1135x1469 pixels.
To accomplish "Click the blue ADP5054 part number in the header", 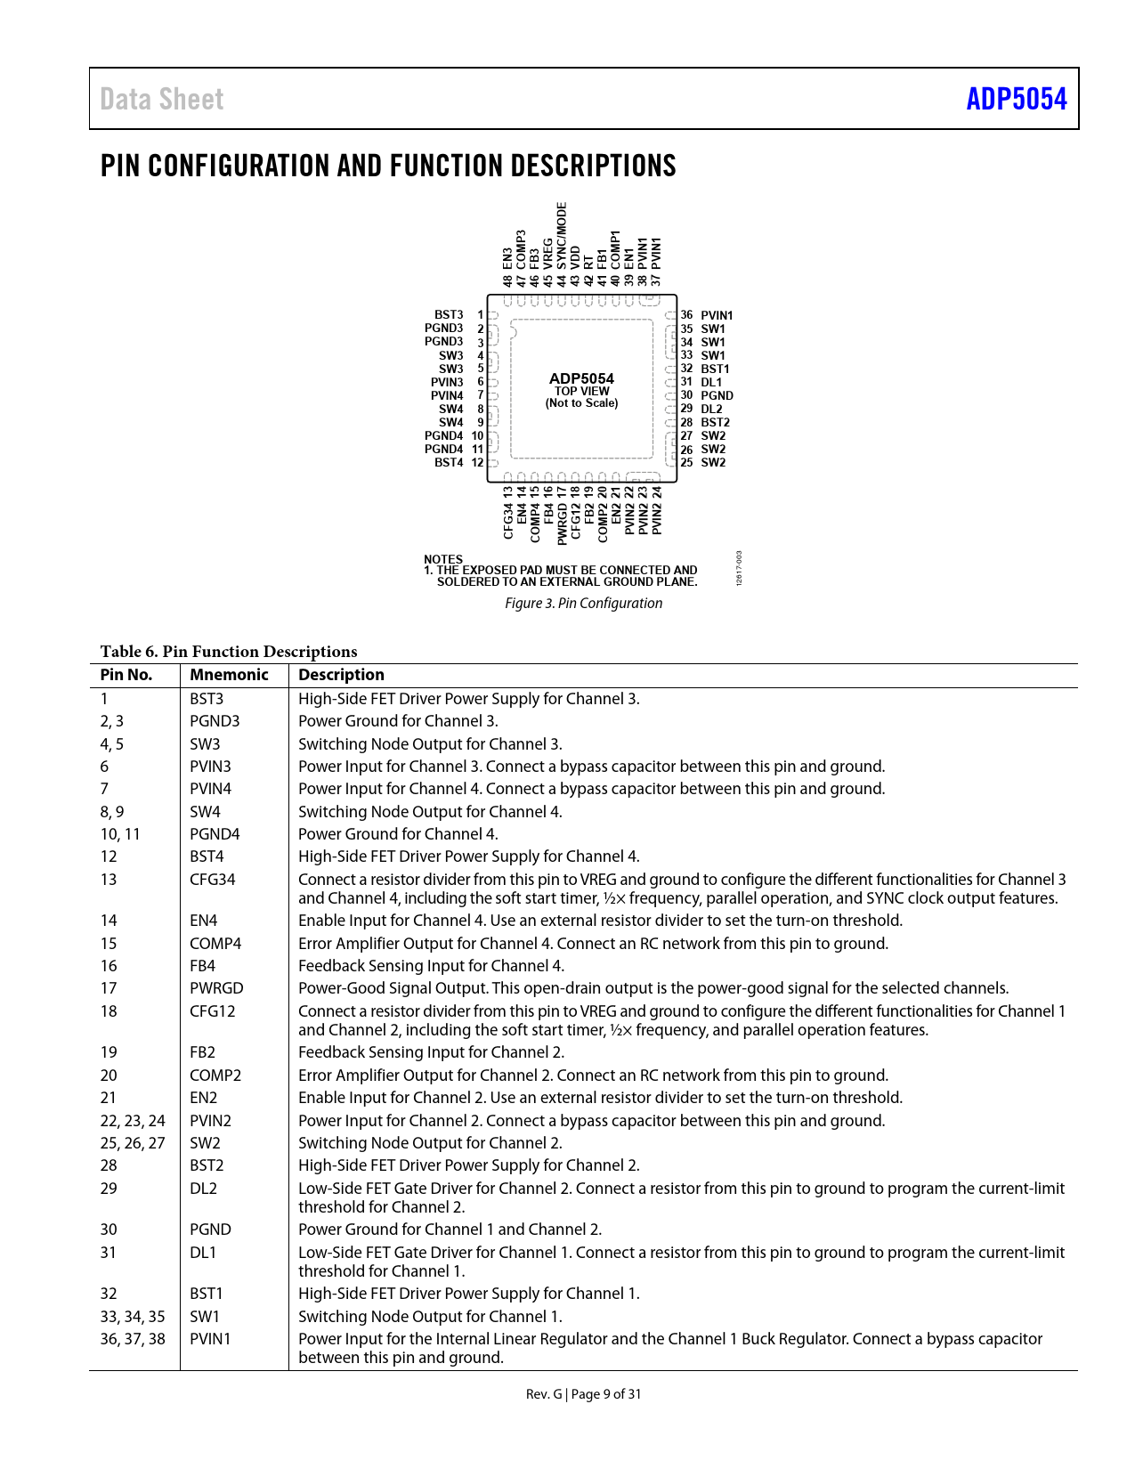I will point(1016,99).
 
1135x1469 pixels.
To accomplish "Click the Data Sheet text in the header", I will point(161,99).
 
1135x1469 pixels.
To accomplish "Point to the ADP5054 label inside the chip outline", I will point(581,378).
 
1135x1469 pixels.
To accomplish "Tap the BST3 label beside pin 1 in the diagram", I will point(449,315).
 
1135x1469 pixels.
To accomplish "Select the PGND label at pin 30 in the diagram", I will point(717,395).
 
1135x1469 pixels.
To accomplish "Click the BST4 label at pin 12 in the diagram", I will point(449,463).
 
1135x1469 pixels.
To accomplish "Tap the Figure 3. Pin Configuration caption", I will point(583,603).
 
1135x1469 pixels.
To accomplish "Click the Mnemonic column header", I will point(229,675).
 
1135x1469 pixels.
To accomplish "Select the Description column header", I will point(341,675).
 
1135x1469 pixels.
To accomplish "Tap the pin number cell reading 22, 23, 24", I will point(133,1121).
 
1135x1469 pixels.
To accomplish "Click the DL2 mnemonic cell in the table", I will point(203,1189).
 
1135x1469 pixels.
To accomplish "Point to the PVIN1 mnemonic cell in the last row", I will point(210,1339).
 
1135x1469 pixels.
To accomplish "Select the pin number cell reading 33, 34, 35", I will point(133,1317).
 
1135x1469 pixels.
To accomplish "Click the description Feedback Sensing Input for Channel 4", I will point(431,966).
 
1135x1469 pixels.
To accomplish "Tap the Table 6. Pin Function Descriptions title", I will point(229,652).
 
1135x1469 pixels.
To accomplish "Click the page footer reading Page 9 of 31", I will point(605,1394).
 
